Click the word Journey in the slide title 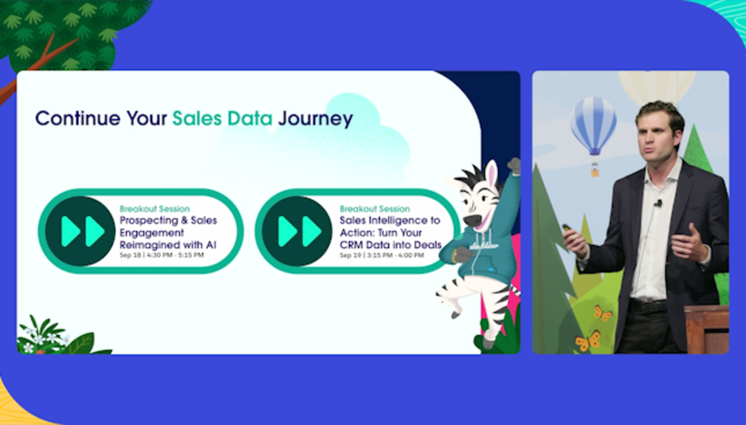pos(315,119)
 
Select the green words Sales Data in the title pos(222,118)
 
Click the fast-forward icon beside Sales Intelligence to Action pos(297,231)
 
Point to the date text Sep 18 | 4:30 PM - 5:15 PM pos(162,255)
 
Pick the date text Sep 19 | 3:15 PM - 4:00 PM pos(381,255)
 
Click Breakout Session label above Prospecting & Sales pos(155,209)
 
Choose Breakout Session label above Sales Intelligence pos(375,209)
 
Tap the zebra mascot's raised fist pos(514,165)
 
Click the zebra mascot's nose pos(472,221)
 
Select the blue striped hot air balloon pos(594,126)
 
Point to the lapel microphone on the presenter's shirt pos(658,204)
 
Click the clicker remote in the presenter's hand pos(568,229)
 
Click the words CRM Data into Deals pos(390,245)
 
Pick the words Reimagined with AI pos(168,245)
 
